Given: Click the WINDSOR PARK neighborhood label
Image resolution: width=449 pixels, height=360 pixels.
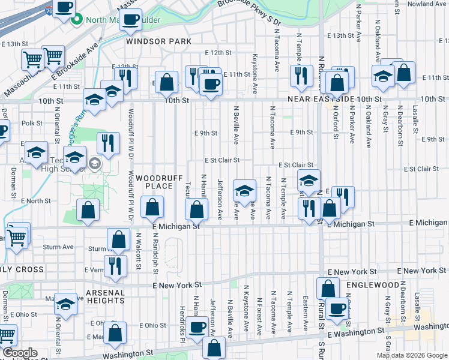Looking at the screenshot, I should coord(158,41).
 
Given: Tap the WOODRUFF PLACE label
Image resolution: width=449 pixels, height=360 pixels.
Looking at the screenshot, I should coord(154,182).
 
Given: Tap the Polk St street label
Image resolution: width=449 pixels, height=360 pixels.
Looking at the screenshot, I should coord(32,123).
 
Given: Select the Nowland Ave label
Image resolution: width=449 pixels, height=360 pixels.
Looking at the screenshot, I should coord(427,4).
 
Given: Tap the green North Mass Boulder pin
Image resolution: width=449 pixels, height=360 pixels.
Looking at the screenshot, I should coord(77,19).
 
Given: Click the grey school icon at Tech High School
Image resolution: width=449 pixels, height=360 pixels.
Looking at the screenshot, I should coord(95,163).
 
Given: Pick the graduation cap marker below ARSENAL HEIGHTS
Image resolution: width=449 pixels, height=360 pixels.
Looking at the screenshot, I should coord(65,304).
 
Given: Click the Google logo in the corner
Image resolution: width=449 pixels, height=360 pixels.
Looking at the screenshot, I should coord(20,353).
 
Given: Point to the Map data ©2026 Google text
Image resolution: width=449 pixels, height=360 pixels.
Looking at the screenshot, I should coord(411,355).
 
